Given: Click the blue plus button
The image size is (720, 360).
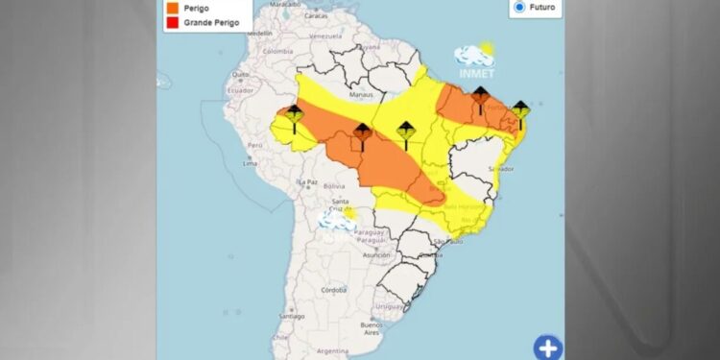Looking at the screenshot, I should pyautogui.click(x=547, y=347).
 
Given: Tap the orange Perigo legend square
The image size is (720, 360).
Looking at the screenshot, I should pyautogui.click(x=170, y=8).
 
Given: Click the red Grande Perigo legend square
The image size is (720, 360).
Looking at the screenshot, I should pyautogui.click(x=170, y=23).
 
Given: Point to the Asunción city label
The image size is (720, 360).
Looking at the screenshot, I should pyautogui.click(x=375, y=255).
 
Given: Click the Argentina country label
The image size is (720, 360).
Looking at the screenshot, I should pyautogui.click(x=333, y=352).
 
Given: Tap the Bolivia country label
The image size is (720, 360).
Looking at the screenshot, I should pyautogui.click(x=334, y=185).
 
